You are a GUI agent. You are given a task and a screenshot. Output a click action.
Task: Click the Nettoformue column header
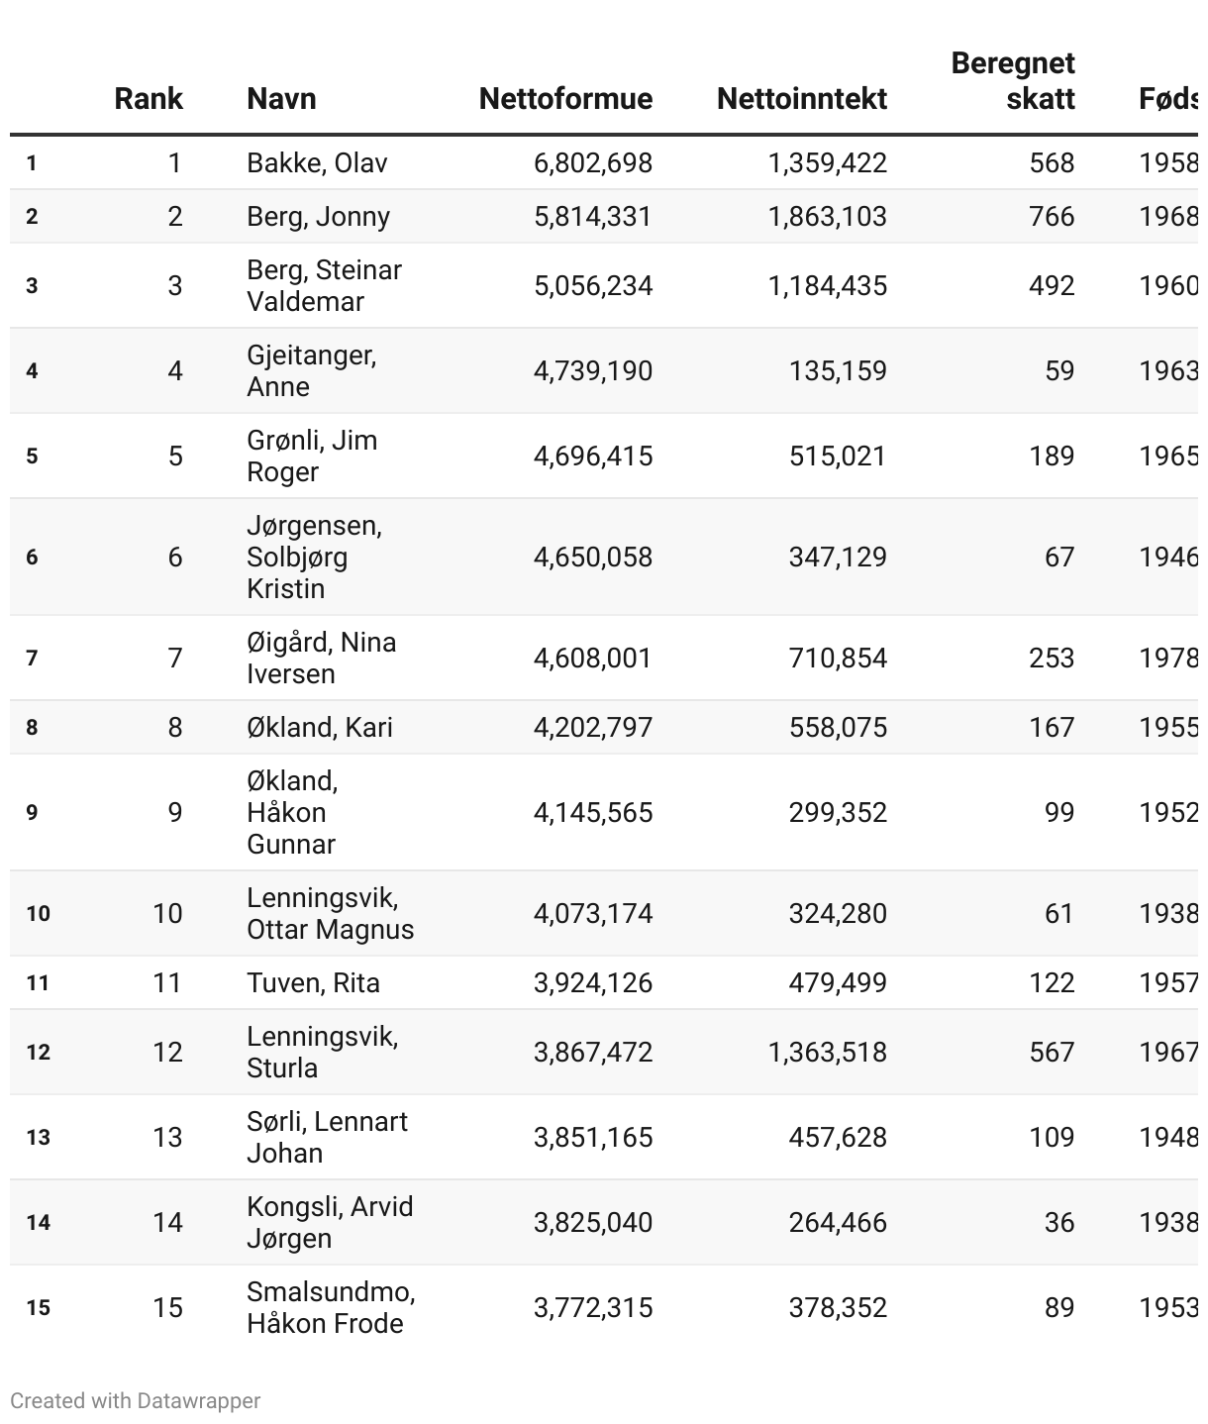point(565,99)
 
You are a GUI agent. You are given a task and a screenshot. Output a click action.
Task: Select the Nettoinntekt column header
point(801,99)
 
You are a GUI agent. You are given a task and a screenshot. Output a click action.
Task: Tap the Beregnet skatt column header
point(1013,81)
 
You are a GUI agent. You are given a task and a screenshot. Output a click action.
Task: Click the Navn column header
point(281,99)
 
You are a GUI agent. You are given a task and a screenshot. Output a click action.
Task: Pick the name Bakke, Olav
point(317,163)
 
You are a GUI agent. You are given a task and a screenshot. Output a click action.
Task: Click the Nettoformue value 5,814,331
point(592,217)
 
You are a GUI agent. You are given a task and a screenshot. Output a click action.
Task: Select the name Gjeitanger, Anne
point(311,371)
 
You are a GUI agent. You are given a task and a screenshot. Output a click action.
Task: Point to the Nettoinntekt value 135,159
point(838,371)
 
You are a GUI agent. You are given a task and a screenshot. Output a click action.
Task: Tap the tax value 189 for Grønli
point(1051,457)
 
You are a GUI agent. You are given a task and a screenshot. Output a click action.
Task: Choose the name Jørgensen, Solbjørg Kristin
point(314,558)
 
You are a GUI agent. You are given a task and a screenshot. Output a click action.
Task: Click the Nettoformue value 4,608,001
point(592,659)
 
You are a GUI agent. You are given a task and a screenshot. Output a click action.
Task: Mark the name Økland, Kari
point(320,728)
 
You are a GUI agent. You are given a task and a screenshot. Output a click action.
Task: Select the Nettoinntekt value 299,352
point(838,813)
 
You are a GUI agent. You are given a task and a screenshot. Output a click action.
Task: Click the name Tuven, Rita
point(313,983)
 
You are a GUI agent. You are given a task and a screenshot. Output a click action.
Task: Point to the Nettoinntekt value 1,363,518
point(827,1053)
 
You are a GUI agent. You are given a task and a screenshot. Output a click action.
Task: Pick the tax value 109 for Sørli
point(1051,1138)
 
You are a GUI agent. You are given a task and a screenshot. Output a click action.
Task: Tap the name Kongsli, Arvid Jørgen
point(330,1223)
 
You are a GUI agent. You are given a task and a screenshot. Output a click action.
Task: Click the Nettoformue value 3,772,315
point(592,1308)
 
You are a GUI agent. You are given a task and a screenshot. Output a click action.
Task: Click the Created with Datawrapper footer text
point(136,1401)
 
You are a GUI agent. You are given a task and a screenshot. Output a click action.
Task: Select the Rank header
point(149,99)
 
